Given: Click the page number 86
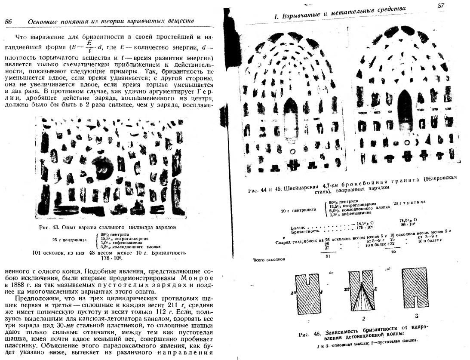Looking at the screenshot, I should [9, 22].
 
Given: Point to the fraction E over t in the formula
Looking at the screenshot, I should [89, 45].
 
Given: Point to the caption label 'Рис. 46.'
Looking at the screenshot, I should [309, 335].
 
